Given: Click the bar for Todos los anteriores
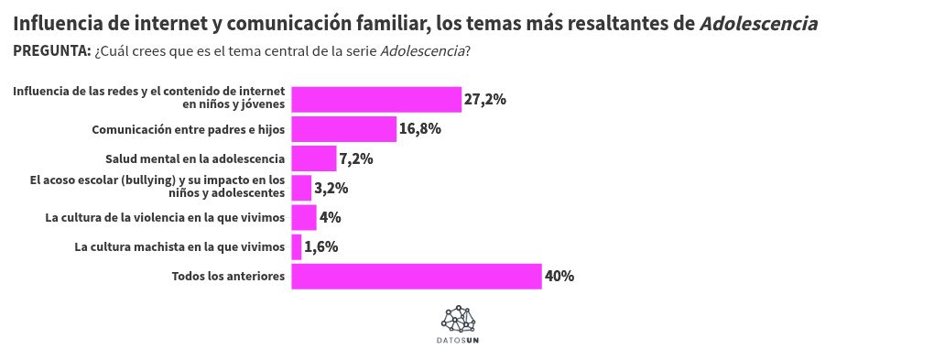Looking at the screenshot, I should click(417, 277).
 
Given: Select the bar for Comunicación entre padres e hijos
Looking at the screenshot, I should click(343, 129).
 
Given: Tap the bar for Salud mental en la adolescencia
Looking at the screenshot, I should click(314, 158).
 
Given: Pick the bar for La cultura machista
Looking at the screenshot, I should click(296, 247).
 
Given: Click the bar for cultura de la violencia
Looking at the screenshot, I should click(303, 218).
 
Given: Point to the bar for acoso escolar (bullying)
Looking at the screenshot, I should click(301, 188).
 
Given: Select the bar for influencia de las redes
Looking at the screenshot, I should click(375, 99).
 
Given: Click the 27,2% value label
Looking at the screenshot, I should click(485, 99).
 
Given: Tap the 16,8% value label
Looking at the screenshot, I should click(420, 129).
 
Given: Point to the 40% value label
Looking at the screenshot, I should click(559, 277).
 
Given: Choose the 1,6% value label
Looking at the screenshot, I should click(321, 247).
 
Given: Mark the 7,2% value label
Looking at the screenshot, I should click(356, 158).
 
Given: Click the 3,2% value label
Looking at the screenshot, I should click(331, 188).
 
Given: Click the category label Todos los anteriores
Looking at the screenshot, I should click(229, 277).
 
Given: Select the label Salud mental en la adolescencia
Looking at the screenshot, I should click(195, 158).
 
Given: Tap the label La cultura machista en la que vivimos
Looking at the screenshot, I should click(180, 247).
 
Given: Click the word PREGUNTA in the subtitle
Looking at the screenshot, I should click(51, 50).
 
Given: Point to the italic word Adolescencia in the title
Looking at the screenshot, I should click(758, 23).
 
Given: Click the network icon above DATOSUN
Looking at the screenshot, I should click(459, 319).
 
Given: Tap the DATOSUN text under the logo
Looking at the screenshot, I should click(459, 340).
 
